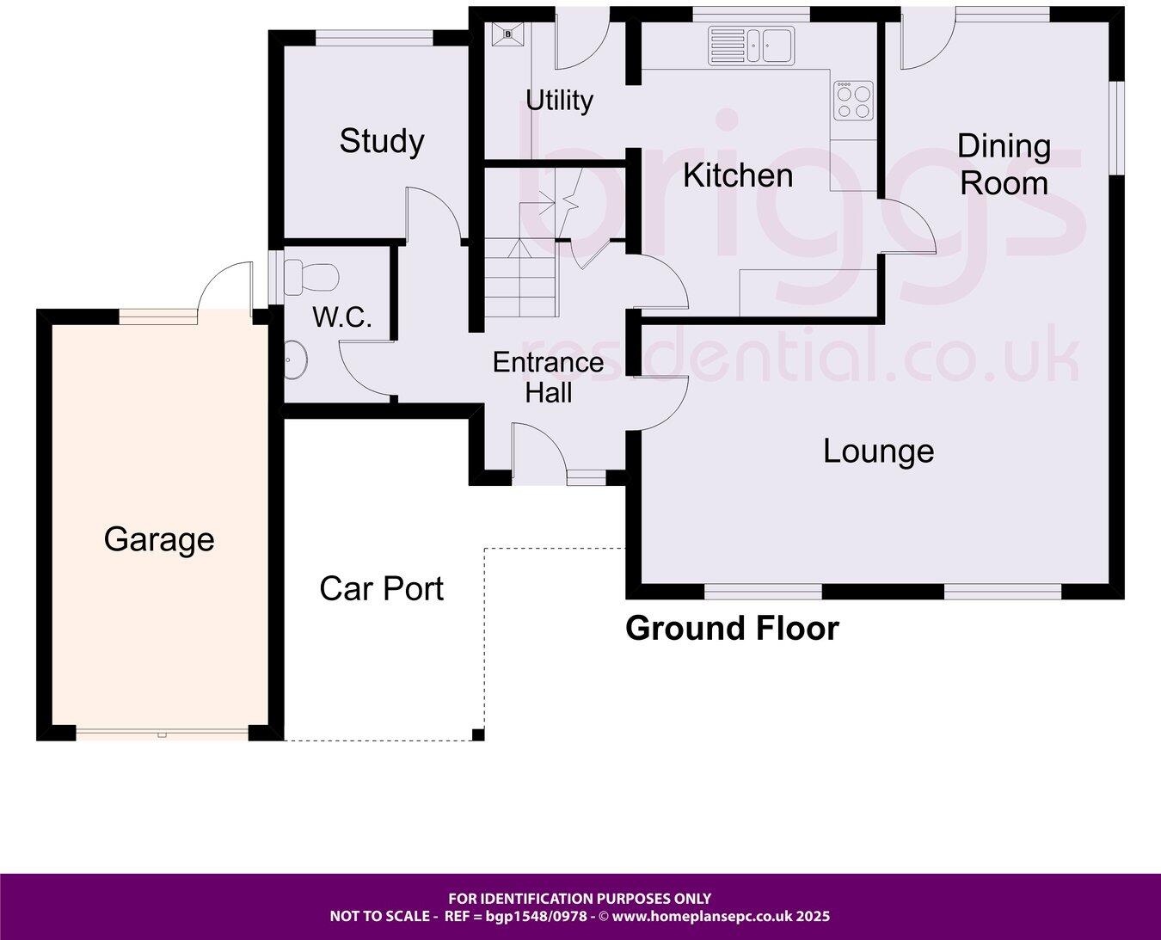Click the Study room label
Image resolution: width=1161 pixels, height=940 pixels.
382,141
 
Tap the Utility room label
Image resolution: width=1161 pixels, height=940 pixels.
559,101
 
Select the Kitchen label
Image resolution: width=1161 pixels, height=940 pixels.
738,175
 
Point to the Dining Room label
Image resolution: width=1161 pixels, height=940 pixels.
1004,165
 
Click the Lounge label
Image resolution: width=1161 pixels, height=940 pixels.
878,452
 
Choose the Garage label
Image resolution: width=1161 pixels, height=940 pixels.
159,540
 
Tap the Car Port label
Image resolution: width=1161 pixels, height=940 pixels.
381,589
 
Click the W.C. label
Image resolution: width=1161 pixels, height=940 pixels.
341,318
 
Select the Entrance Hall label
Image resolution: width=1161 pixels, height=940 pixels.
548,378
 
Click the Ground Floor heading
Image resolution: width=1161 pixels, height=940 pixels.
732,629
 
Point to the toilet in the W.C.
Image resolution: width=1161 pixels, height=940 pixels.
310,276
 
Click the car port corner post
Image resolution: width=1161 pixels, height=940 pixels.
478,734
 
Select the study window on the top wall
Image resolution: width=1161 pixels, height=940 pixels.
375,37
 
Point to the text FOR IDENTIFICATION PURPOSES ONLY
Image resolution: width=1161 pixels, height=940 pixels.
580,899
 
